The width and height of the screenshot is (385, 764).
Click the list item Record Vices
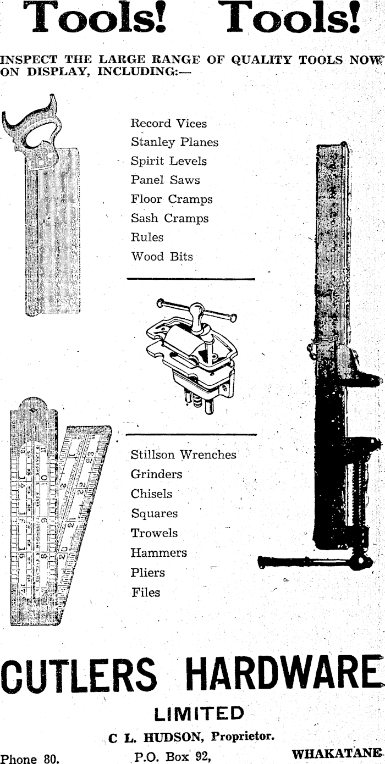(168, 124)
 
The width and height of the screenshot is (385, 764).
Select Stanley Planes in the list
(174, 142)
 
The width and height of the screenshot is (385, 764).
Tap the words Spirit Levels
(168, 162)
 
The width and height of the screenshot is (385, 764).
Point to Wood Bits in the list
(162, 257)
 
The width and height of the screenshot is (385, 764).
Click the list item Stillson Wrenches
(183, 455)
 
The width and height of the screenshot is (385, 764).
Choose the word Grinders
(156, 474)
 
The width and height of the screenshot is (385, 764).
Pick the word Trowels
(154, 533)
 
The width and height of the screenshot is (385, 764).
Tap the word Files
(146, 593)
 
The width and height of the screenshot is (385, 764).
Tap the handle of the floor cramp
(308, 562)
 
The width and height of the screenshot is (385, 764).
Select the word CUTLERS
(78, 676)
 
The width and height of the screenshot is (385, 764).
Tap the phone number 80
(51, 759)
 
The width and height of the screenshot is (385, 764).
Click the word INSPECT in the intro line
(29, 60)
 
